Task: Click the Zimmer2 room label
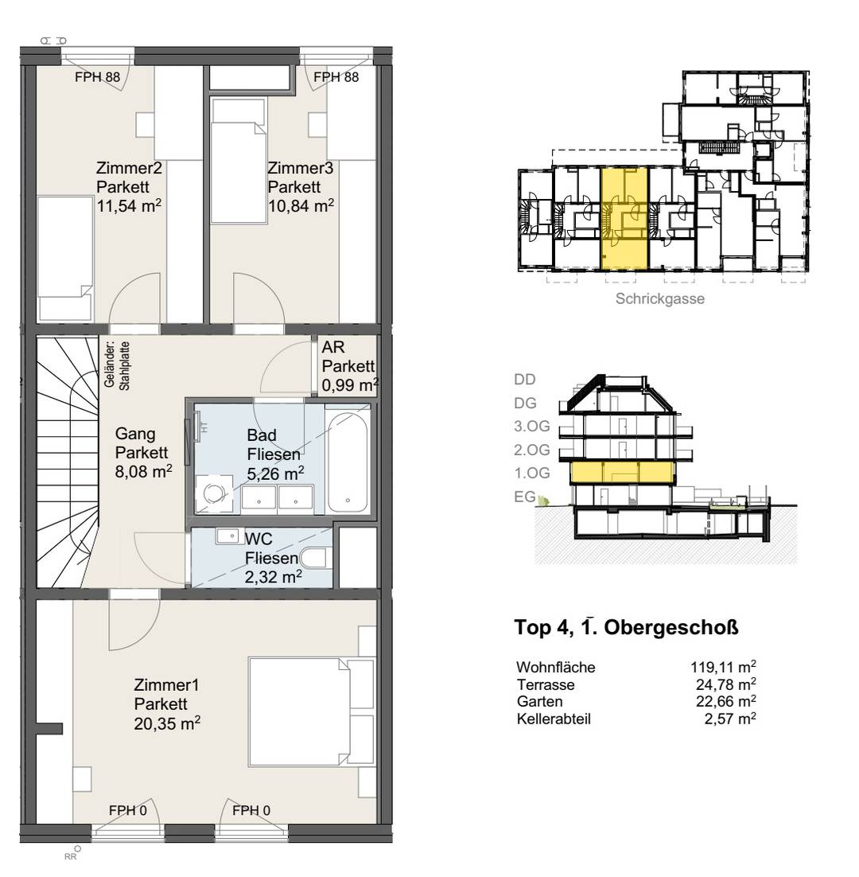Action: pos(129,168)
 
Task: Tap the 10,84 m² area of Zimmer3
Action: pos(301,205)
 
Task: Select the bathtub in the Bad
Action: pos(348,462)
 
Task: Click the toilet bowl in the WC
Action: pos(313,558)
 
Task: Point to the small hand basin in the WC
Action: pos(227,536)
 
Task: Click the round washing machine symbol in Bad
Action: pos(214,493)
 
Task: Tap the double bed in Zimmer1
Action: pos(311,711)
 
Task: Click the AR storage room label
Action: pos(348,366)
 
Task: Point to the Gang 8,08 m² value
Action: pos(143,471)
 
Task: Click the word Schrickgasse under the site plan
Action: pos(660,298)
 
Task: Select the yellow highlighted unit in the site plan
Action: pos(624,219)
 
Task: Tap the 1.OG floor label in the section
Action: pos(532,474)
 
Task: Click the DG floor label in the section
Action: pos(526,403)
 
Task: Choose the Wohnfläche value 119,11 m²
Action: pos(723,667)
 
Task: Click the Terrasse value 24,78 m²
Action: pos(726,684)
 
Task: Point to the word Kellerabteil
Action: pos(554,719)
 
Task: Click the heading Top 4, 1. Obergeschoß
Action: pos(627,627)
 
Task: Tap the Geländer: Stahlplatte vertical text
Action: pos(117,366)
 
